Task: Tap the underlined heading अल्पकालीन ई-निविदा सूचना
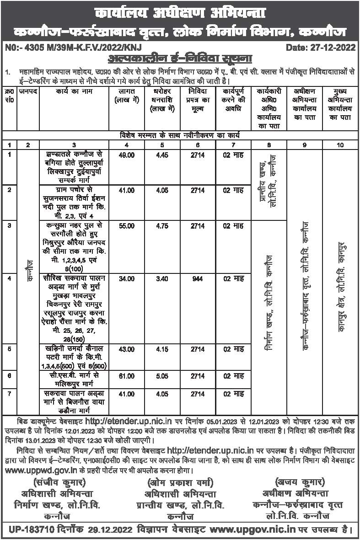179,59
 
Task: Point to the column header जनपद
28,92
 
